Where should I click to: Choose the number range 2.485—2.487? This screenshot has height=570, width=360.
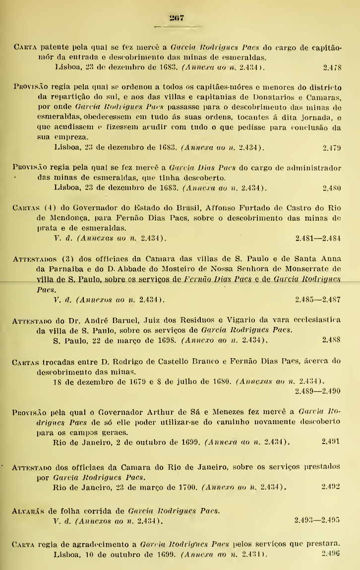point(317,300)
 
